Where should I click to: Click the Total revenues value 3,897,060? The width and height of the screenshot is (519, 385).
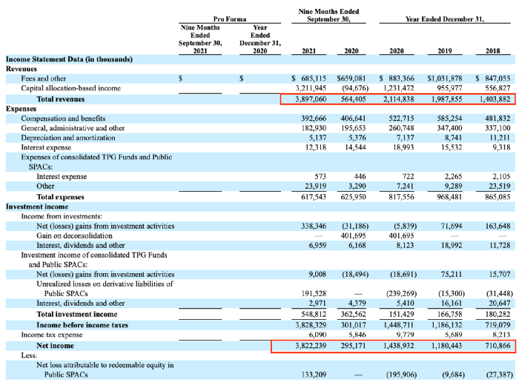pos(311,99)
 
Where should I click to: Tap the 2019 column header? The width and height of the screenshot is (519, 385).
pos(445,51)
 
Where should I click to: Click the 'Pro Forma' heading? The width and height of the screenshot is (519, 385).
pos(230,19)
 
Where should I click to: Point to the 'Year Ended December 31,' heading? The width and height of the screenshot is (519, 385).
pos(445,19)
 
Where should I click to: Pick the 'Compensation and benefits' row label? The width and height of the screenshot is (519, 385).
pos(63,118)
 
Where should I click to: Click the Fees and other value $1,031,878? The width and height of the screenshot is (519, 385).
pos(445,78)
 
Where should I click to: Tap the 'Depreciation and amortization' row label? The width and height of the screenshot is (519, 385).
pos(68,138)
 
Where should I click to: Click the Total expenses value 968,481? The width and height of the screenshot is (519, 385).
pos(449,197)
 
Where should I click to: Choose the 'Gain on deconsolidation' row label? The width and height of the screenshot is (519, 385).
pos(74,235)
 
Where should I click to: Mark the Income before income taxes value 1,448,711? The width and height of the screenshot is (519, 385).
pos(399,325)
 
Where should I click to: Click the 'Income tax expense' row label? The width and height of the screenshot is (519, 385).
pos(52,335)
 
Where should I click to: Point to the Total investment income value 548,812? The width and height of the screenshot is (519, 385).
pos(314,314)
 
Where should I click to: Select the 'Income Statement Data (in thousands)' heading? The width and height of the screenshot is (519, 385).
pos(69,59)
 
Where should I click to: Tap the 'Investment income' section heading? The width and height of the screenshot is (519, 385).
pos(37,207)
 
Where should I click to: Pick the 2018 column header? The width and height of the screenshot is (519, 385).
pos(492,51)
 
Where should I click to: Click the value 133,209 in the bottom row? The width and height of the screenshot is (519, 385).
pos(314,375)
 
